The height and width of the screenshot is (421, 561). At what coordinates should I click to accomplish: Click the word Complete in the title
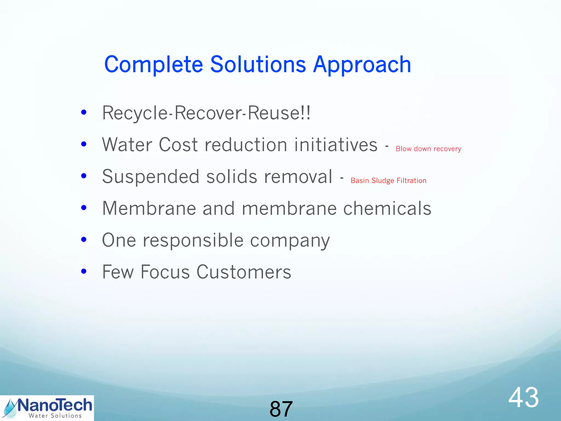coord(153,65)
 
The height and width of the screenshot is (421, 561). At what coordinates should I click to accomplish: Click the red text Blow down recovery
coord(428,149)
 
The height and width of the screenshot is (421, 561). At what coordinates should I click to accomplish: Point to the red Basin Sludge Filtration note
coord(388,181)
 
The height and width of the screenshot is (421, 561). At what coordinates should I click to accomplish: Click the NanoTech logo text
coord(55,405)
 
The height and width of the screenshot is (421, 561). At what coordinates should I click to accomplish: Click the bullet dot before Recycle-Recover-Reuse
coord(84,112)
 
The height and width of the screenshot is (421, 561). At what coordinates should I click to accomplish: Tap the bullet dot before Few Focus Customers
coord(84,271)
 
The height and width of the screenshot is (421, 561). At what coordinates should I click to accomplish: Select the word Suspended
coord(150,177)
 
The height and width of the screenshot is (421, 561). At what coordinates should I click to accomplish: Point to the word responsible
coord(193,240)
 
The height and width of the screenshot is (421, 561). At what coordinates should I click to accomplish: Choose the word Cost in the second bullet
coord(178,145)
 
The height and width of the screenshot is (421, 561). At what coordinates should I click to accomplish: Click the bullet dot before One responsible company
coord(84,240)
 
